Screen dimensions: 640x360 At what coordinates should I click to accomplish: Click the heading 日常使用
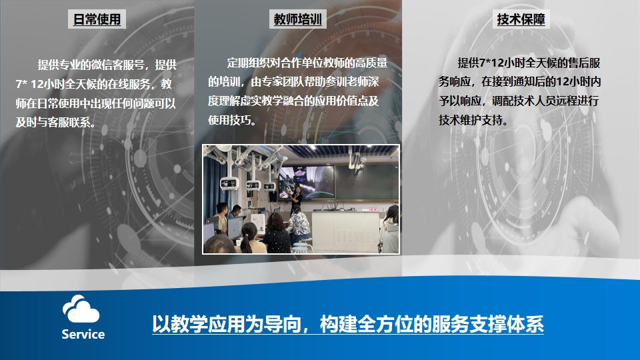pos(97,19)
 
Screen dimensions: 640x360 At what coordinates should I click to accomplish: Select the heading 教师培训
pos(297,19)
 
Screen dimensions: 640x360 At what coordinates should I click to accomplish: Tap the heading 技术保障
pos(521,19)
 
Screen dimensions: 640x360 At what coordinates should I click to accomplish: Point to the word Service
pos(83,334)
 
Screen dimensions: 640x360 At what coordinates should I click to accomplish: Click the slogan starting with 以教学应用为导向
pos(348,325)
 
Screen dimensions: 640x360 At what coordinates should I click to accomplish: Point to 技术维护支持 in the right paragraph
pos(471,120)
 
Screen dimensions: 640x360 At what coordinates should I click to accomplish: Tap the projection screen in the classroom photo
pos(306,182)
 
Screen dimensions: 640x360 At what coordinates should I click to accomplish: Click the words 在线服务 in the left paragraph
pos(129,84)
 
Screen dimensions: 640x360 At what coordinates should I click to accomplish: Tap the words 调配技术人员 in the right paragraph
pos(524,101)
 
